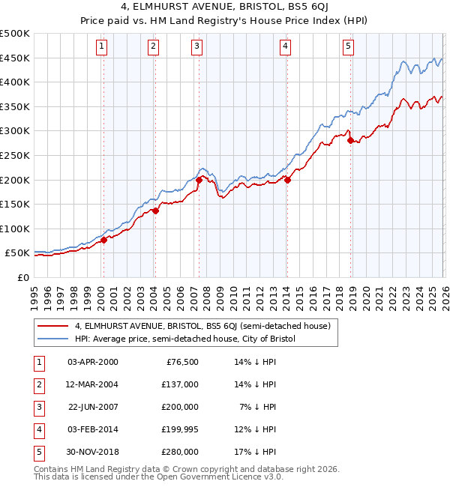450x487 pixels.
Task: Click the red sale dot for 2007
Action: [199, 180]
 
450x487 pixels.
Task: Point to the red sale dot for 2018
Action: [351, 141]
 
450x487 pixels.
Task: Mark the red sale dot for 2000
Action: [104, 240]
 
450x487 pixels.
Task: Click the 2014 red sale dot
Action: [287, 180]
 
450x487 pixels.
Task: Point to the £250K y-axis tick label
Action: [15, 155]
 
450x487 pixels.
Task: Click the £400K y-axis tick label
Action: [15, 82]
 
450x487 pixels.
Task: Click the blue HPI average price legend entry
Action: [185, 339]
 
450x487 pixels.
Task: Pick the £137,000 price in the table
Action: [181, 384]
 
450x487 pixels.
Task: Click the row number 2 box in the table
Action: [38, 384]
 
